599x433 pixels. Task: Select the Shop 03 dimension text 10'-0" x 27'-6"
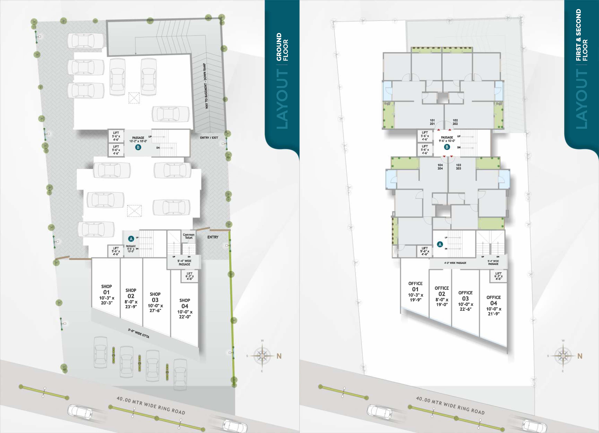[155, 308]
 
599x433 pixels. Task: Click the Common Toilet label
[189, 236]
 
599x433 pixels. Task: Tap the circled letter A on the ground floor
[130, 239]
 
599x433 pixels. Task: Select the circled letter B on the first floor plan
[447, 147]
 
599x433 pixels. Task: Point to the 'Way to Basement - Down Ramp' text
[206, 86]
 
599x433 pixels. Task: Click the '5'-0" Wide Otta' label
[139, 333]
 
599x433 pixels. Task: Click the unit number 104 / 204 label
[440, 167]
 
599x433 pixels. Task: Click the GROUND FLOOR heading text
[282, 47]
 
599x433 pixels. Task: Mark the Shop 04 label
[185, 303]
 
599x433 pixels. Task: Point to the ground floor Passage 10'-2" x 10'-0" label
[138, 139]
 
